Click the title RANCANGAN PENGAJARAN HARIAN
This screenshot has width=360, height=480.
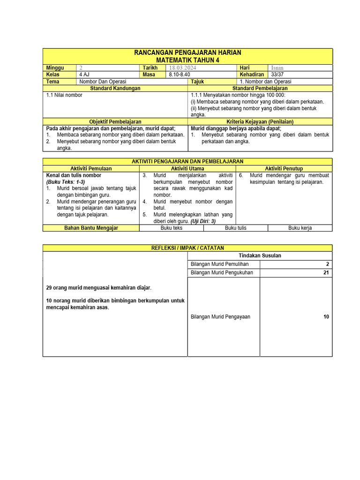click(x=187, y=52)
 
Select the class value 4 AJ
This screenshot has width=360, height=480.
click(x=84, y=75)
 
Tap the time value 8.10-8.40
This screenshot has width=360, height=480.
click(x=180, y=75)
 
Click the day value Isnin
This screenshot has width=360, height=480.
click(x=277, y=68)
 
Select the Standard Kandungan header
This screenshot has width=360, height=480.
click(x=115, y=88)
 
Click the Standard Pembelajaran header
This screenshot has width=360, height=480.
click(x=260, y=88)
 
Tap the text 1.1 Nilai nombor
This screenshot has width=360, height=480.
click(x=64, y=95)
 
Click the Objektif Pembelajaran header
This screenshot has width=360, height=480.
click(x=115, y=121)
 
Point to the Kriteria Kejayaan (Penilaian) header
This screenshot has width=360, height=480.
click(x=260, y=121)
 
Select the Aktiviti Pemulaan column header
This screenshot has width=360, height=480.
click(x=91, y=168)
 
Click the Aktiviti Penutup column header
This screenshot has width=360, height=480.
click(x=284, y=168)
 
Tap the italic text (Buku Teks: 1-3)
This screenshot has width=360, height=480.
click(x=66, y=182)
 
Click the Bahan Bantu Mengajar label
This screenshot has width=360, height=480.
click(x=91, y=228)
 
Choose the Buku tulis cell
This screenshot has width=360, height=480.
click(x=235, y=228)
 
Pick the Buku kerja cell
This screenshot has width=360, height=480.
click(x=300, y=228)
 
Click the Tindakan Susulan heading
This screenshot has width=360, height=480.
click(x=260, y=255)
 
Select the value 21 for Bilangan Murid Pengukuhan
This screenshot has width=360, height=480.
click(x=326, y=272)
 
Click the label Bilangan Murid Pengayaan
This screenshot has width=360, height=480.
click(x=220, y=316)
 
